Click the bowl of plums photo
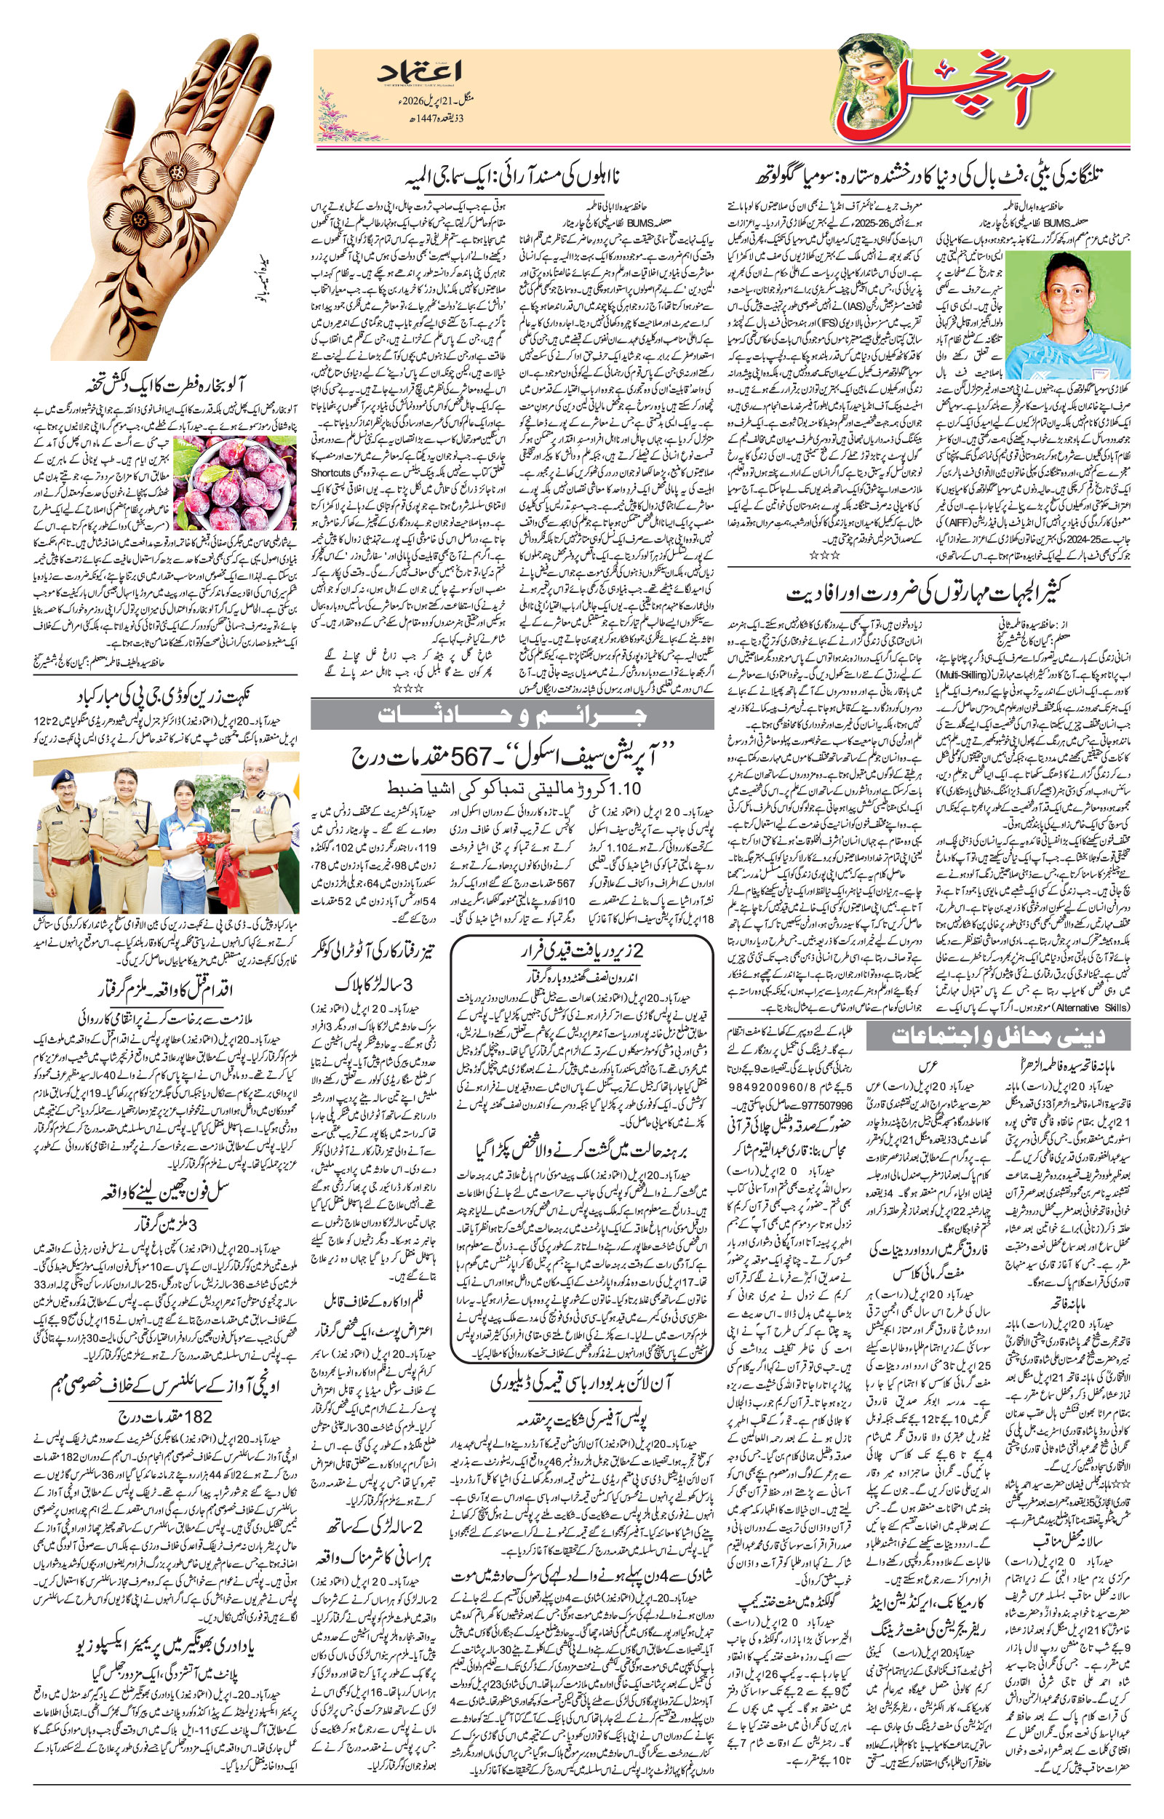[234, 484]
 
